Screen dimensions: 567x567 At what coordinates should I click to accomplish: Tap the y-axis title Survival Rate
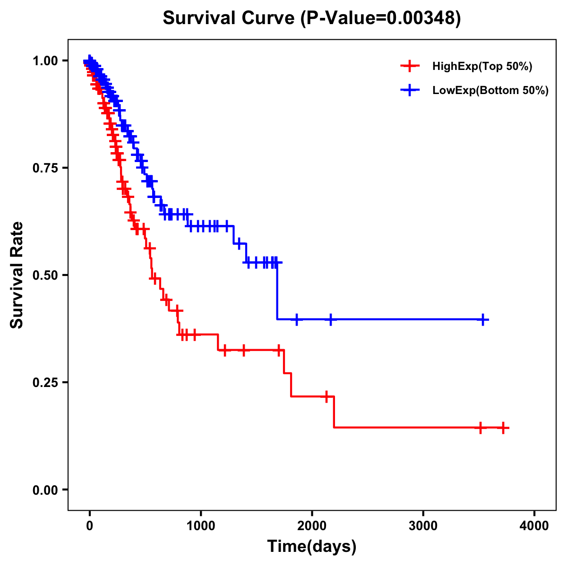(17, 275)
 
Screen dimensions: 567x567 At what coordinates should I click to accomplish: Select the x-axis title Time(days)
(312, 546)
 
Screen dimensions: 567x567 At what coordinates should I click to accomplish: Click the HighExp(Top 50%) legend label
(482, 66)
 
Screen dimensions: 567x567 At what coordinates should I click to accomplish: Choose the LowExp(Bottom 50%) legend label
(490, 90)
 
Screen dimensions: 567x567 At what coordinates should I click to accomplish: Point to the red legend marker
(410, 66)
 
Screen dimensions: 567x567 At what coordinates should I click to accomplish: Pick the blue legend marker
(410, 90)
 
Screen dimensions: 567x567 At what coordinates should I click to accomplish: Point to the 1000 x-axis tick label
(201, 526)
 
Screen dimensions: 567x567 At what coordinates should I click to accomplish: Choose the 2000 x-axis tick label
(312, 526)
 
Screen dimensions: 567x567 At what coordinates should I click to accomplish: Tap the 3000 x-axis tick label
(423, 526)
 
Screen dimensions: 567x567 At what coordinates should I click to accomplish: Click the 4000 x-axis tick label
(534, 526)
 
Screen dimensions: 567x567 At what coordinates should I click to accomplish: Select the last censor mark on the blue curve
(483, 319)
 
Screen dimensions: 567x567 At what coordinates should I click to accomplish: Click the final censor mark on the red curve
(503, 428)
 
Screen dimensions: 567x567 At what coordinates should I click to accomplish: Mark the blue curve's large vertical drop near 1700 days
(277, 291)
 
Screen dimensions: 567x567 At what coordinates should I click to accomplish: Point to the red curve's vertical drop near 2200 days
(334, 412)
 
